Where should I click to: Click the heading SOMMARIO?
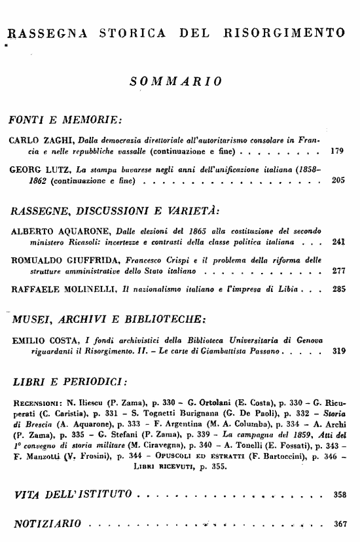175,81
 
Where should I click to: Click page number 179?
338,151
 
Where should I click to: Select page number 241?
338,242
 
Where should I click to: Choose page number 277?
338,270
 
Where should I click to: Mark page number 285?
338,288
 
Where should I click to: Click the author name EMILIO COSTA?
43,340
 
